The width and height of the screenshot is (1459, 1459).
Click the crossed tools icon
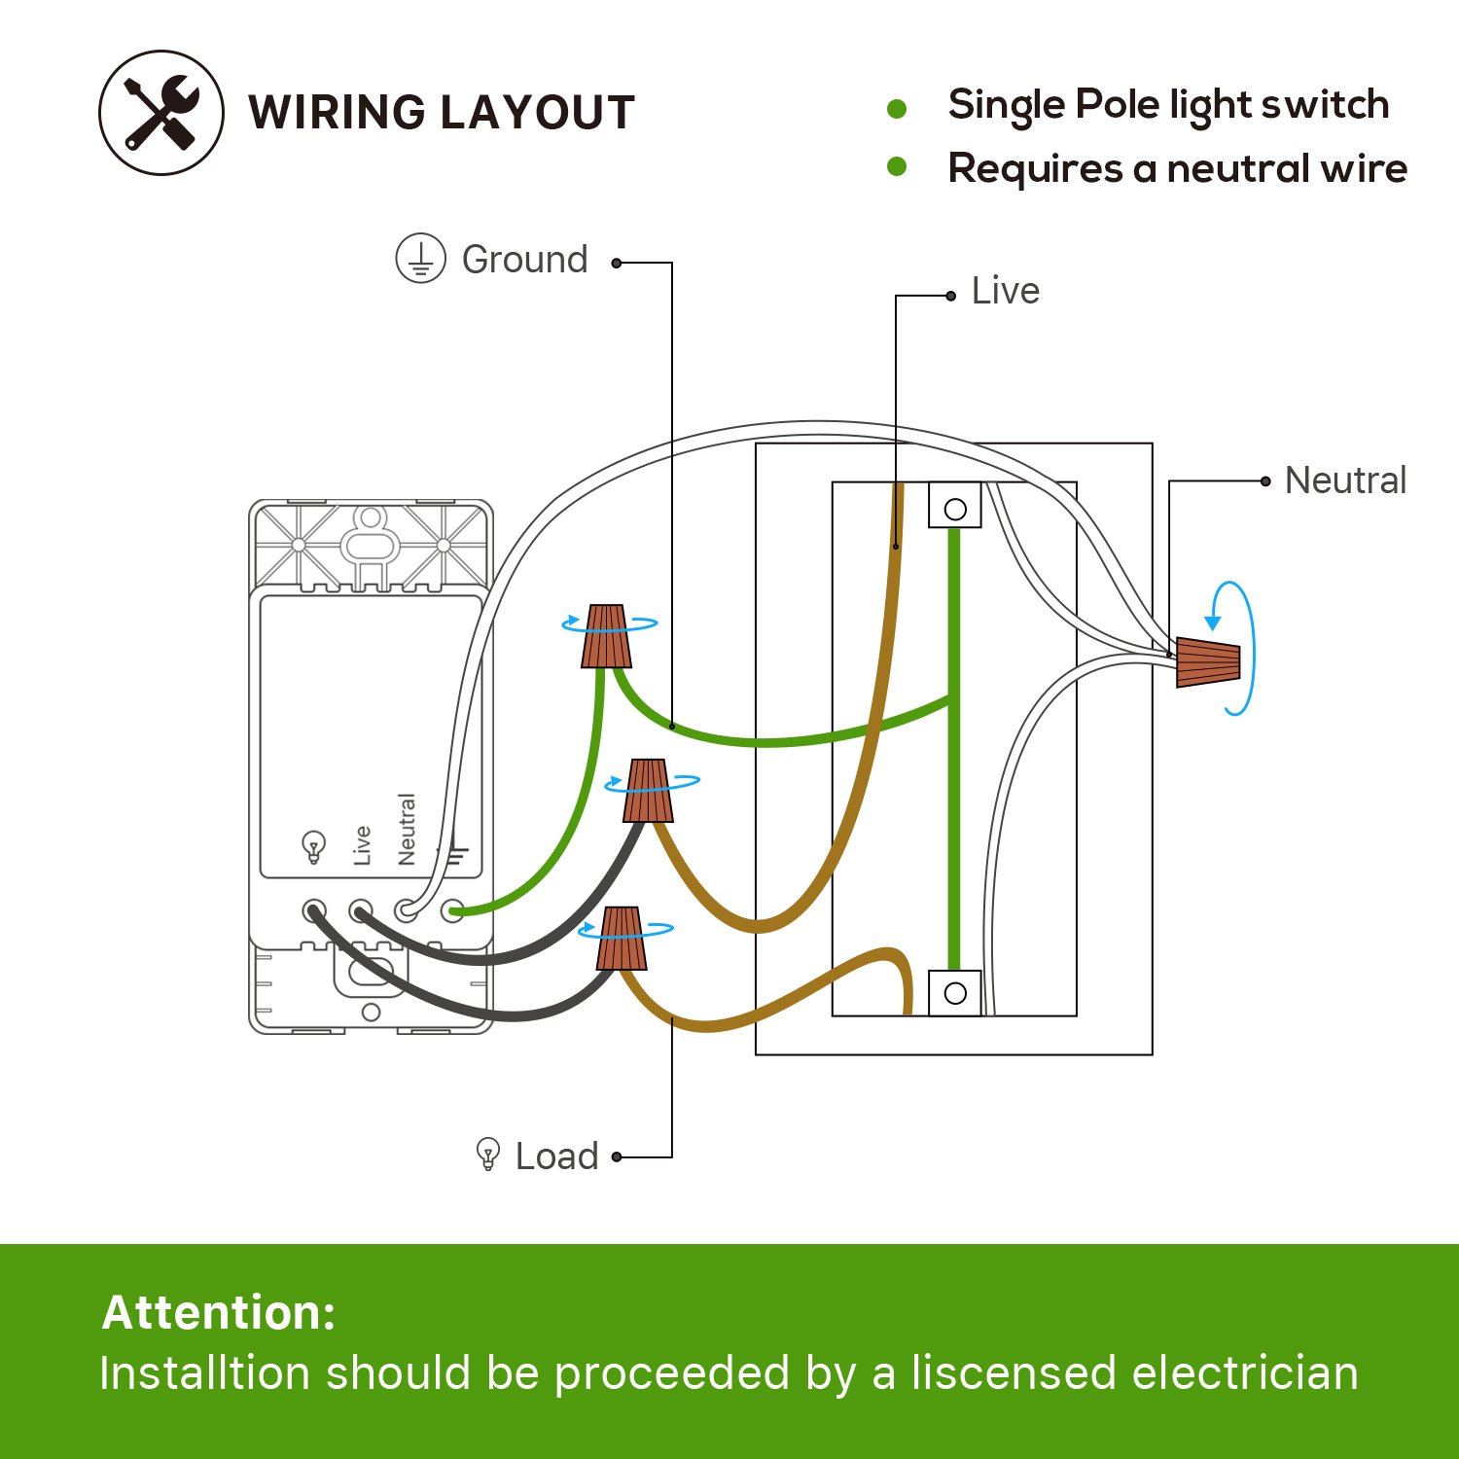[161, 113]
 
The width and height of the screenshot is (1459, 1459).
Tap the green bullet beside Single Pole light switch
[897, 109]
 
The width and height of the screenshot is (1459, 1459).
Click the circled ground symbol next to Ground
[420, 259]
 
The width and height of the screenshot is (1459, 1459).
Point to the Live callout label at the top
[1006, 291]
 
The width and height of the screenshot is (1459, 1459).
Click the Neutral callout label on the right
[1345, 480]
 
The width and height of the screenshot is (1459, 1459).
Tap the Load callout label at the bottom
[556, 1157]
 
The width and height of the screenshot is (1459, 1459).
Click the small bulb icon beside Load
[488, 1155]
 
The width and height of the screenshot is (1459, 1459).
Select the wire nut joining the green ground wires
[606, 636]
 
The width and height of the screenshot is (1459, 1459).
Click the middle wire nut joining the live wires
[649, 791]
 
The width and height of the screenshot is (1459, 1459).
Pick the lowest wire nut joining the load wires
[623, 939]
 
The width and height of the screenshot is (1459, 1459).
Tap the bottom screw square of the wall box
[955, 993]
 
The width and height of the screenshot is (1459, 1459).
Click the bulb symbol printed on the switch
[313, 847]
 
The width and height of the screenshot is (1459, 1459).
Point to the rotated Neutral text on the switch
[407, 829]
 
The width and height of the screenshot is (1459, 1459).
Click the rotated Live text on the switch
[362, 845]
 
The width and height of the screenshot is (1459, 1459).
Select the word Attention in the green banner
[219, 1312]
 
